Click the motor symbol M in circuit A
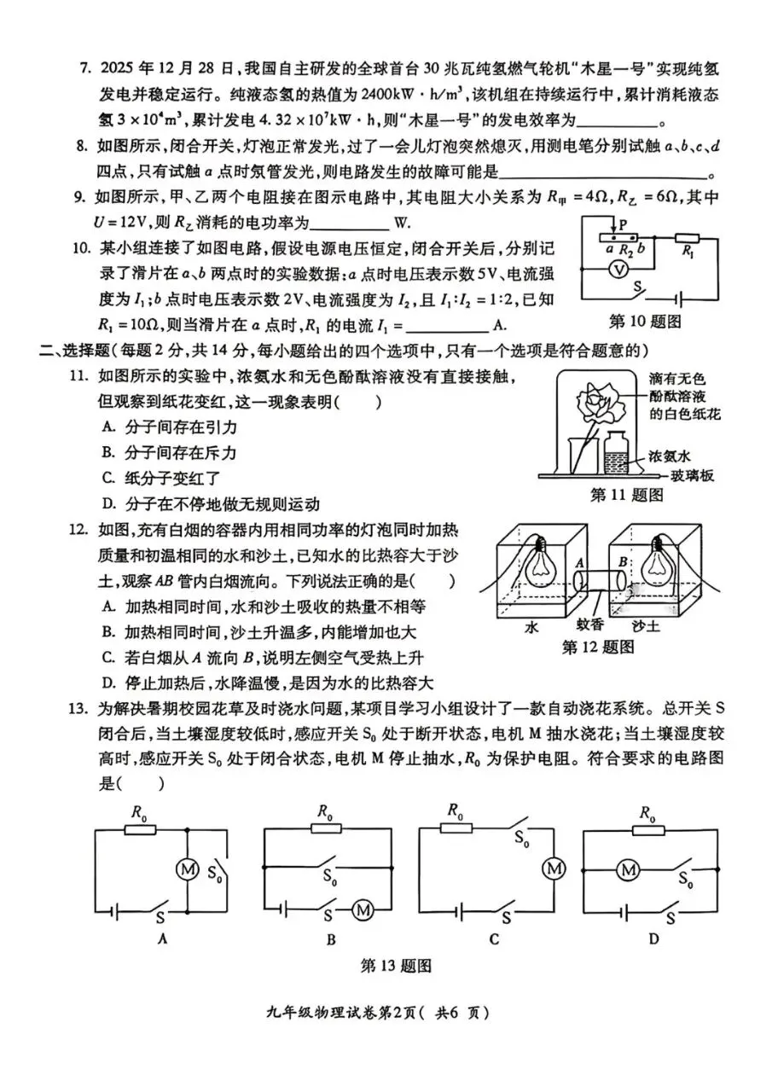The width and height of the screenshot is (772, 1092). tap(186, 868)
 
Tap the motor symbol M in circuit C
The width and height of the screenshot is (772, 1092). tap(555, 868)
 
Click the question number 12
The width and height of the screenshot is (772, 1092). tap(79, 531)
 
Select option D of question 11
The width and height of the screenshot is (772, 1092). tap(107, 504)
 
